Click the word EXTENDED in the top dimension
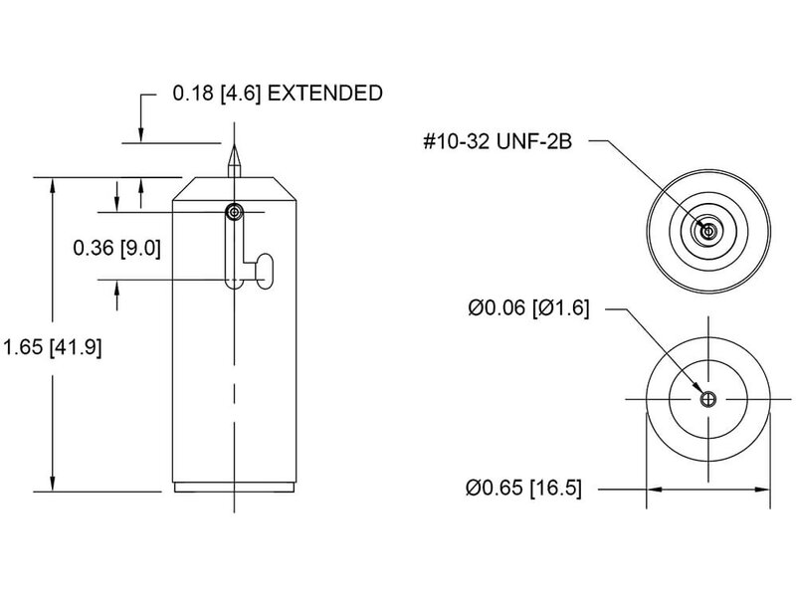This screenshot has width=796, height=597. click(325, 94)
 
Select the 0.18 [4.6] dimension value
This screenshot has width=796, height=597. click(217, 94)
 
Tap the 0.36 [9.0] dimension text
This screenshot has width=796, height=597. click(116, 248)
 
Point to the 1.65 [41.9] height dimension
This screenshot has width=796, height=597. click(53, 347)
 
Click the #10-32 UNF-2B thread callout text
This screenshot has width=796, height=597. click(498, 141)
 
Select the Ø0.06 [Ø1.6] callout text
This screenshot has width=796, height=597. click(528, 308)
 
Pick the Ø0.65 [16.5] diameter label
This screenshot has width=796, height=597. click(523, 488)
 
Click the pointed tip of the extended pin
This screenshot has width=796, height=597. click(234, 145)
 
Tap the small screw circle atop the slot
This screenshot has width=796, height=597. click(234, 212)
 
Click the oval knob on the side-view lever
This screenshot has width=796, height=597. click(265, 271)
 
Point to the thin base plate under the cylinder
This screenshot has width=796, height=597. click(234, 488)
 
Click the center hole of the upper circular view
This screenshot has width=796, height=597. click(708, 232)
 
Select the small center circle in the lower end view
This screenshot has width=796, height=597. click(708, 400)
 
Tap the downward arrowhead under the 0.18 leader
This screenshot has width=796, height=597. click(141, 135)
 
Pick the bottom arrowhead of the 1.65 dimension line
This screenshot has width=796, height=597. click(53, 484)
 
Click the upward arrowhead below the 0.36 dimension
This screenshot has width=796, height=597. click(116, 288)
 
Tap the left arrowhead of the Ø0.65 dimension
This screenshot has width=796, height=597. click(654, 490)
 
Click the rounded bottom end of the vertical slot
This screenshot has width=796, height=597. click(234, 284)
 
